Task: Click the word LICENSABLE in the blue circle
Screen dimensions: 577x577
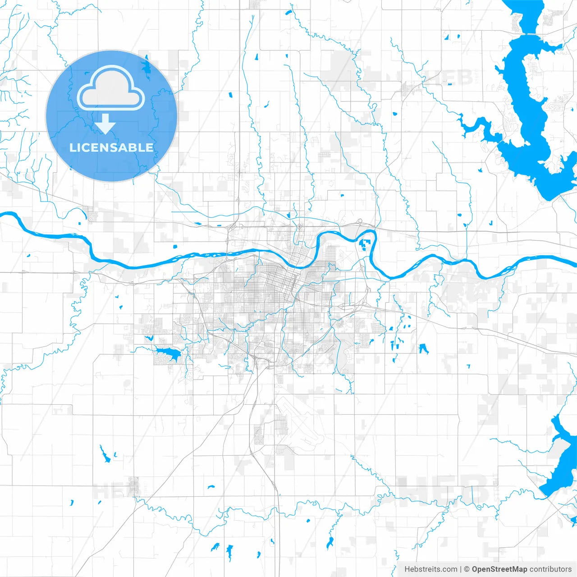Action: [111, 147]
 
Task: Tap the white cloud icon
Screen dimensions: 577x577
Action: [111, 88]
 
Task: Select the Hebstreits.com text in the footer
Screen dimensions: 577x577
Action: [430, 569]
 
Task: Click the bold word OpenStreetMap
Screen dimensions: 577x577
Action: [499, 569]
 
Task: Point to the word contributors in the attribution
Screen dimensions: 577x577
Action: [550, 569]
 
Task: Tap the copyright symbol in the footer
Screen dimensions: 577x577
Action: [467, 569]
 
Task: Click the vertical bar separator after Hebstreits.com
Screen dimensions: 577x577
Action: [460, 569]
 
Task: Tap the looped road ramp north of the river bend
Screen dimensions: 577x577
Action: [359, 221]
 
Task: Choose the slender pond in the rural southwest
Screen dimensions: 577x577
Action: [105, 455]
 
